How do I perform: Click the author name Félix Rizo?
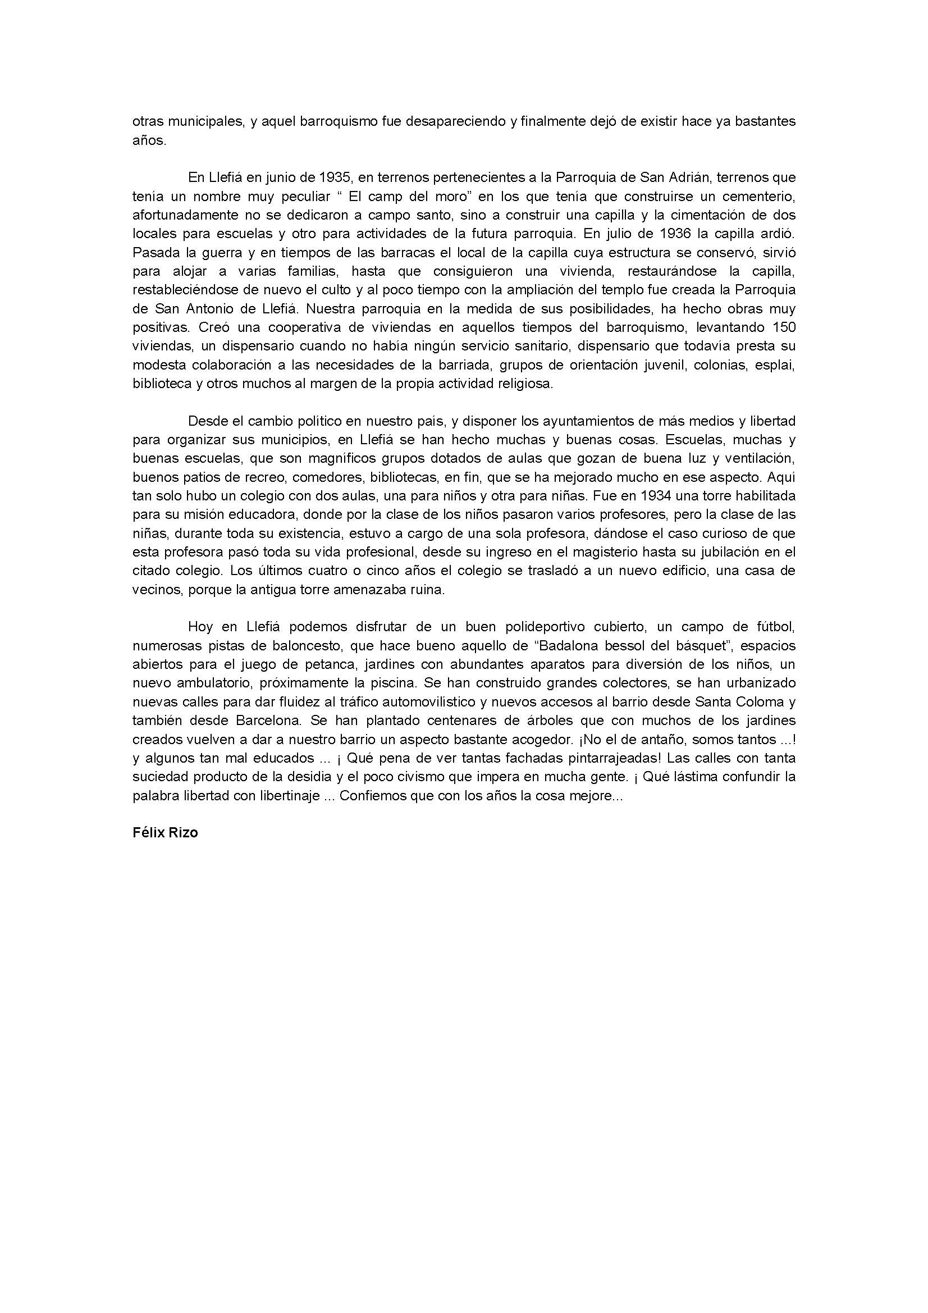tap(165, 833)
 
